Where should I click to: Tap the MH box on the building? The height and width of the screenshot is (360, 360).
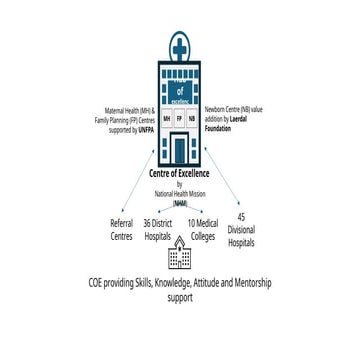(166, 117)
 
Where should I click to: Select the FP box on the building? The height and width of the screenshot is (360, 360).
(179, 117)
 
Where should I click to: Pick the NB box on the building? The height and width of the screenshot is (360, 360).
(192, 117)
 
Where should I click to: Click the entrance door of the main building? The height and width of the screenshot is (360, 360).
(180, 149)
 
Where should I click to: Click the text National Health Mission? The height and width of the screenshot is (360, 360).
(180, 193)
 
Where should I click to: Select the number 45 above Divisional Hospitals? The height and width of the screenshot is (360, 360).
(241, 217)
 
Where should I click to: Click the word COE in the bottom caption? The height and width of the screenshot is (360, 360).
(98, 284)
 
